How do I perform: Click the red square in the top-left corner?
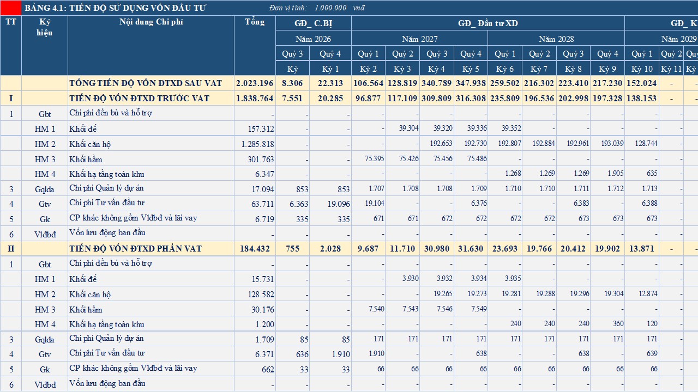tap(10, 8)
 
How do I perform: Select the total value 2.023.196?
tap(255, 83)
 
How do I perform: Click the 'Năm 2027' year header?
tap(419, 39)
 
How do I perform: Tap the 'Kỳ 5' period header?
tap(471, 69)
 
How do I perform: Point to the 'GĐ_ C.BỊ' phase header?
tap(313, 23)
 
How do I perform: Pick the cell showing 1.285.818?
tap(258, 144)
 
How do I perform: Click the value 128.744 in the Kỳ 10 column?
tap(646, 143)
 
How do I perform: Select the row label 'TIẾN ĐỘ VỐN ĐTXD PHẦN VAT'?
tap(136, 249)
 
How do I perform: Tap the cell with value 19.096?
tap(339, 204)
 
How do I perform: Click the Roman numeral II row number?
tap(11, 249)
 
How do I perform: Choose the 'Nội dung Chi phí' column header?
tap(151, 22)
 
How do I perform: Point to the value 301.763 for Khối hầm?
tap(261, 160)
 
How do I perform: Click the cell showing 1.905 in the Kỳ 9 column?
tap(616, 173)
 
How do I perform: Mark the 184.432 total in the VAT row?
tap(255, 249)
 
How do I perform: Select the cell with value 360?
tap(618, 323)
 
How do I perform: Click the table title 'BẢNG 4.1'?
tap(45, 8)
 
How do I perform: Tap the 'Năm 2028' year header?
tap(556, 39)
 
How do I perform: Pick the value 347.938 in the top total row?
tap(471, 83)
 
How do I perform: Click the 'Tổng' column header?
tap(255, 22)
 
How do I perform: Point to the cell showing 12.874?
tap(648, 293)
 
